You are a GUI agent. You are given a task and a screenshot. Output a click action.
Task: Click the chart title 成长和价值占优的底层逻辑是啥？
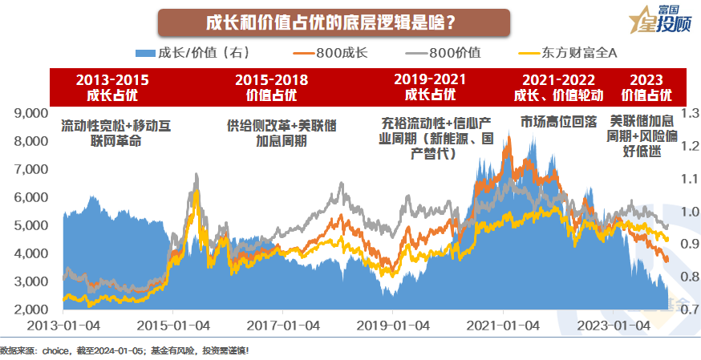(x=332, y=22)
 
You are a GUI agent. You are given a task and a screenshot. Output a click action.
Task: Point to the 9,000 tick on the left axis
(x=32, y=113)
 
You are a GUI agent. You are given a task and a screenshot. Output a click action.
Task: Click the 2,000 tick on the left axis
(x=32, y=309)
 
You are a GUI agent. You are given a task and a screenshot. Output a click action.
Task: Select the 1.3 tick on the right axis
(x=690, y=113)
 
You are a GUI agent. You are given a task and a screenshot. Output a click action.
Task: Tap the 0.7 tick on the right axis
(x=690, y=309)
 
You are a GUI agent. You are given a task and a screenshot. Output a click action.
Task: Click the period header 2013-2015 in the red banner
(x=112, y=81)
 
